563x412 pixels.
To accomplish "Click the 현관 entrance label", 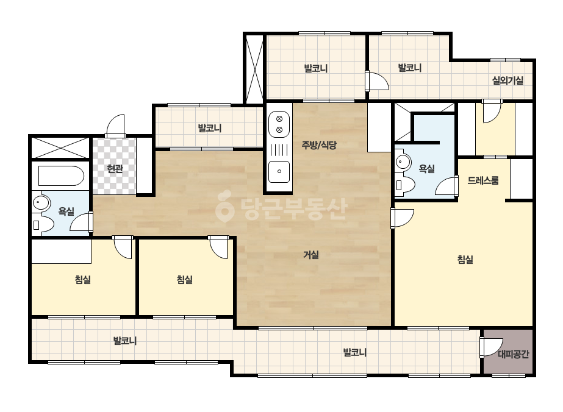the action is (115, 169).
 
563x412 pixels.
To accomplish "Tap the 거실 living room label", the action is (311, 255).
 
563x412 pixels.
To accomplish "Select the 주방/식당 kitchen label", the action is (319, 145).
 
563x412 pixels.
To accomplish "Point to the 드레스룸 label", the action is (483, 180).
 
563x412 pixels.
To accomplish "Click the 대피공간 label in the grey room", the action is (514, 355).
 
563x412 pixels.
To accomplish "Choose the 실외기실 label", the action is (507, 80).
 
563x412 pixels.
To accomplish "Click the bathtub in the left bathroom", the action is (60, 176).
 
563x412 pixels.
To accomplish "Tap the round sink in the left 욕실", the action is (41, 203).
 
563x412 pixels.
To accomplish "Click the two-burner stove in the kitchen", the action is (279, 124).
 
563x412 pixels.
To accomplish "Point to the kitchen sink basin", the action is (279, 171).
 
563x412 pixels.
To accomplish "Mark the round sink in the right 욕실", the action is (403, 162).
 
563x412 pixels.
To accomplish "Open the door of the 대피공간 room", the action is (490, 347).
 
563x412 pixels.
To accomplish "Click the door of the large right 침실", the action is (402, 218).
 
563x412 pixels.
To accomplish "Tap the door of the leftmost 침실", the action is (123, 247).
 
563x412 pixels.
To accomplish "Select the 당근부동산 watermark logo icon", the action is (224, 207).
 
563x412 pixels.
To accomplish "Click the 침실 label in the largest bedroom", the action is (465, 260).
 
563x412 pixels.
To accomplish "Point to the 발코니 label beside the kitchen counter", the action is (210, 128).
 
